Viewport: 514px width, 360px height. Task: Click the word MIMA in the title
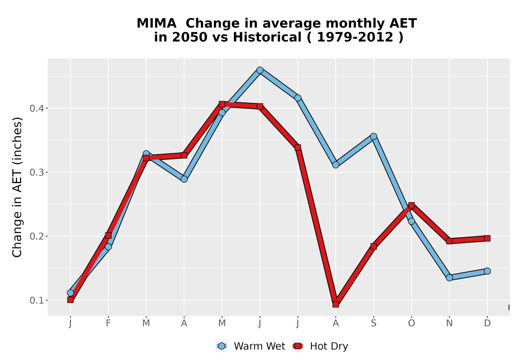(156, 24)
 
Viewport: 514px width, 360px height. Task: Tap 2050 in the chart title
(190, 38)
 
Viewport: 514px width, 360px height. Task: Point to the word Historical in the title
(267, 38)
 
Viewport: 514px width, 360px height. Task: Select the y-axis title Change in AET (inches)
(17, 187)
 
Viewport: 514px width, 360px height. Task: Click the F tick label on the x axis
(108, 323)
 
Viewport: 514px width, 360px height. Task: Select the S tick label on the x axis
(373, 323)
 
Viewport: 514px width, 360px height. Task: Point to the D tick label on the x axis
(487, 323)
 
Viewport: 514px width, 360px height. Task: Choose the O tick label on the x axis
(411, 323)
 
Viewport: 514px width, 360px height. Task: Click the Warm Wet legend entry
(250, 346)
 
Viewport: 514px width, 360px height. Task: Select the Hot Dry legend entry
(320, 346)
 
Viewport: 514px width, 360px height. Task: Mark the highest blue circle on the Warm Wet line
(260, 70)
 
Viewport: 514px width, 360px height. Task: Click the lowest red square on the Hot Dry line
(336, 304)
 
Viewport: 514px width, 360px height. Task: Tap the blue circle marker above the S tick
(373, 136)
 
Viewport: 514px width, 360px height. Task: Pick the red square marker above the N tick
(449, 241)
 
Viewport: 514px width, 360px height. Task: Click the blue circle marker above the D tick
(487, 271)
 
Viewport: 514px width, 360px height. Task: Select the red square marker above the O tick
(411, 206)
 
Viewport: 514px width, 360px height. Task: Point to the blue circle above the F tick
(108, 246)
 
